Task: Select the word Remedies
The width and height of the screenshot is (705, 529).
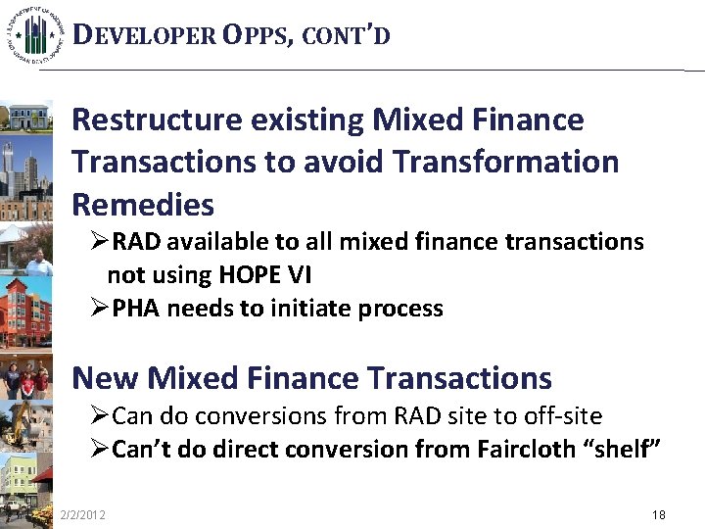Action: pyautogui.click(x=143, y=205)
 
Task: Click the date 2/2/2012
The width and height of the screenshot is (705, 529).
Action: pyautogui.click(x=84, y=514)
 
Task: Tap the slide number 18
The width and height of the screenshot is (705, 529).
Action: pyautogui.click(x=658, y=514)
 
